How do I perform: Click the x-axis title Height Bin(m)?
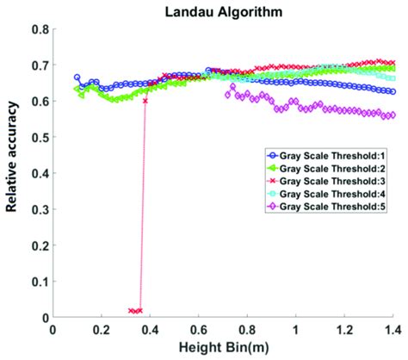click(x=223, y=348)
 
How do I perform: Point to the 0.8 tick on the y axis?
click(x=38, y=30)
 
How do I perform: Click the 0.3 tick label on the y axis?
click(x=38, y=209)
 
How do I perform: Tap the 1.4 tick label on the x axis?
click(x=393, y=330)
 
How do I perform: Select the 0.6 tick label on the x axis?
click(x=199, y=330)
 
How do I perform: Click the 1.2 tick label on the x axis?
click(x=344, y=330)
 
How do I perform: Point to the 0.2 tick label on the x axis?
click(x=102, y=330)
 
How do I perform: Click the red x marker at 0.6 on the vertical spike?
click(x=145, y=101)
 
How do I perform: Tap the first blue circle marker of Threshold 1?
click(x=77, y=78)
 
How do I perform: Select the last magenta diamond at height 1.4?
click(x=393, y=115)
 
